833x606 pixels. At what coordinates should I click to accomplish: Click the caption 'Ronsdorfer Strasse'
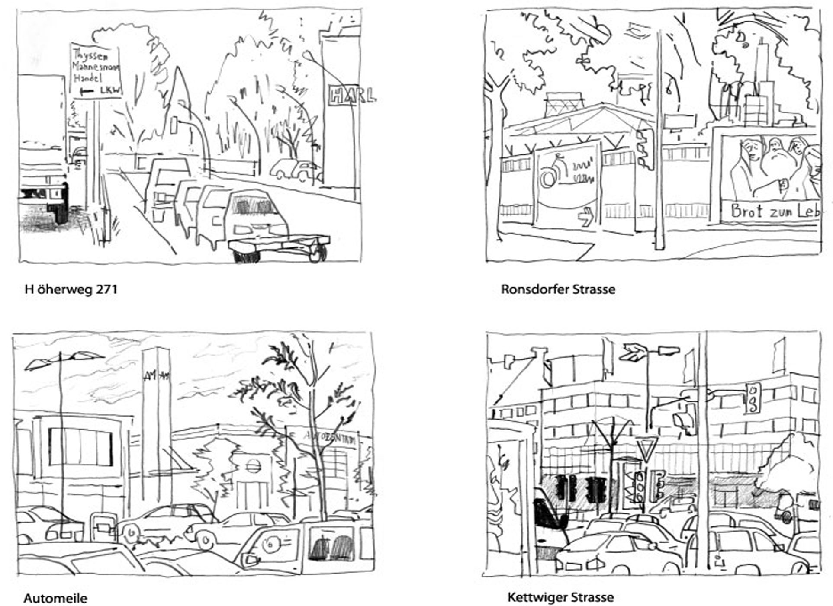pyautogui.click(x=558, y=289)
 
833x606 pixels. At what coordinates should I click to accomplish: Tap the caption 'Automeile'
pyautogui.click(x=55, y=598)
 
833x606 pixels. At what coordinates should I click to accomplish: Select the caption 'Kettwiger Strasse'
pyautogui.click(x=560, y=597)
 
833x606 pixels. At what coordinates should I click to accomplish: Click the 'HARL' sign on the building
pyautogui.click(x=351, y=95)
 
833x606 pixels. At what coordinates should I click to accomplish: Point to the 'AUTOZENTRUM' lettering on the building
pyautogui.click(x=331, y=437)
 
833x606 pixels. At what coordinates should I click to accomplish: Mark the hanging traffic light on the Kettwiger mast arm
pyautogui.click(x=753, y=398)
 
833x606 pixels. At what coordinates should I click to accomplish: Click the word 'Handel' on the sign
pyautogui.click(x=87, y=78)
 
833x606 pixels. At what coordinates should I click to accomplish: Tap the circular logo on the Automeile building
pyautogui.click(x=251, y=465)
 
